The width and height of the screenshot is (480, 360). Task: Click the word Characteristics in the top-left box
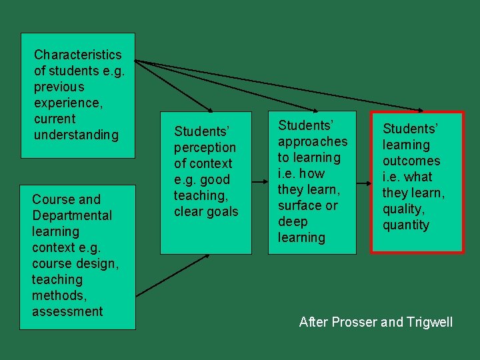[77, 55]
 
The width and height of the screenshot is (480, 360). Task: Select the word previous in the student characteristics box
[59, 87]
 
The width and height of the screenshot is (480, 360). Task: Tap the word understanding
[76, 135]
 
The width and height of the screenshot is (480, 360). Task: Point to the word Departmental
[72, 215]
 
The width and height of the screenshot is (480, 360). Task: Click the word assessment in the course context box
[67, 311]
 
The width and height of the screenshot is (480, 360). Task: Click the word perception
[205, 147]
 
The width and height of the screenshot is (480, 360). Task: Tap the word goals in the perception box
[223, 211]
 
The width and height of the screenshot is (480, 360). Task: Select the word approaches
[313, 141]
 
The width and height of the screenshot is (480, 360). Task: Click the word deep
[293, 221]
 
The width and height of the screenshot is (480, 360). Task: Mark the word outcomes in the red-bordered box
[411, 161]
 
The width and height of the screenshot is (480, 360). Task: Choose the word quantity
[406, 225]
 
